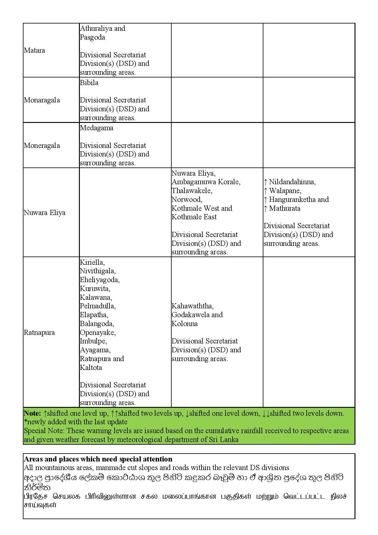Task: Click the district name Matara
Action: [x=34, y=50]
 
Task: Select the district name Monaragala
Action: [x=42, y=100]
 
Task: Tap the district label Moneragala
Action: [x=42, y=145]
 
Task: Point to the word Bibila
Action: [x=89, y=83]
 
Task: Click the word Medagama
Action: [x=96, y=128]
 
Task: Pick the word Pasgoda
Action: [x=92, y=37]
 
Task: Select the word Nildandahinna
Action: [x=292, y=182]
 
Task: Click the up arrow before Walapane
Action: [x=266, y=191]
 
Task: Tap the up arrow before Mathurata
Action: [x=266, y=209]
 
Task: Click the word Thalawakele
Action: [x=192, y=191]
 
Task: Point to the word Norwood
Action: [x=187, y=199]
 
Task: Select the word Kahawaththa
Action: [x=192, y=306]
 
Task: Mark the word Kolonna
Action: [x=184, y=324]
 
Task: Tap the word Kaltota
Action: [x=91, y=368]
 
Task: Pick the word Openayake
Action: [x=98, y=332]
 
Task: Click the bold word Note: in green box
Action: [x=32, y=413]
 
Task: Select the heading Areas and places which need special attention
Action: [x=98, y=459]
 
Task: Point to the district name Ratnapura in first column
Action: [x=39, y=332]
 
